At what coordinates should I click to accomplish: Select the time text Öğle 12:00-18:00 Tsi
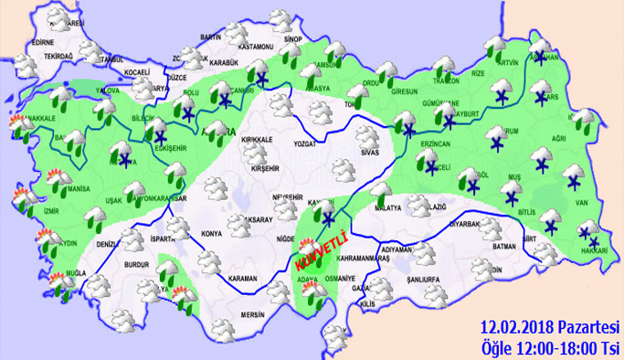[550, 346]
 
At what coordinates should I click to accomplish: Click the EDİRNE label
[43, 42]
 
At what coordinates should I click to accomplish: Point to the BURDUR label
[137, 264]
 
